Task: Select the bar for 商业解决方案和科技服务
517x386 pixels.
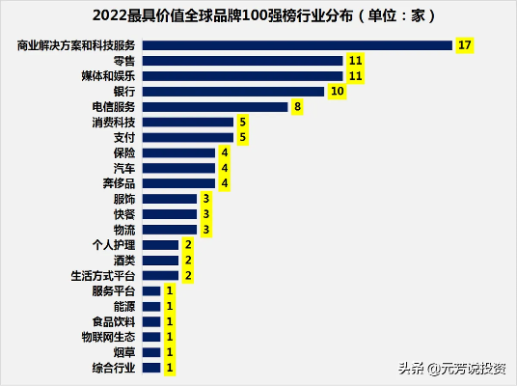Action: click(x=297, y=45)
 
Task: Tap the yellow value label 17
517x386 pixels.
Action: click(x=466, y=45)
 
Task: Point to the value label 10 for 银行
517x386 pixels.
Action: click(x=337, y=92)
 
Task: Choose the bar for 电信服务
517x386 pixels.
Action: click(x=214, y=107)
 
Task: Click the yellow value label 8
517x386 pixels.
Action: click(x=298, y=107)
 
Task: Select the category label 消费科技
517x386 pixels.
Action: click(x=114, y=123)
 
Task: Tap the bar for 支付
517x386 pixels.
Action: click(x=187, y=138)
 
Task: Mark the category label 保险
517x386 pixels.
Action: click(x=124, y=153)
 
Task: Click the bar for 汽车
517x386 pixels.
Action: click(x=178, y=168)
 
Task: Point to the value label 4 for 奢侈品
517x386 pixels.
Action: click(x=224, y=183)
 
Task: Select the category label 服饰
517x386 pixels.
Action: click(x=124, y=199)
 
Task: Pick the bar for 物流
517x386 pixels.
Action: click(x=169, y=230)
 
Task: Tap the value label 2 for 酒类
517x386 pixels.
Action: click(x=188, y=261)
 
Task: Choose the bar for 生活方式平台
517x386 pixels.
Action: click(x=160, y=276)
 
